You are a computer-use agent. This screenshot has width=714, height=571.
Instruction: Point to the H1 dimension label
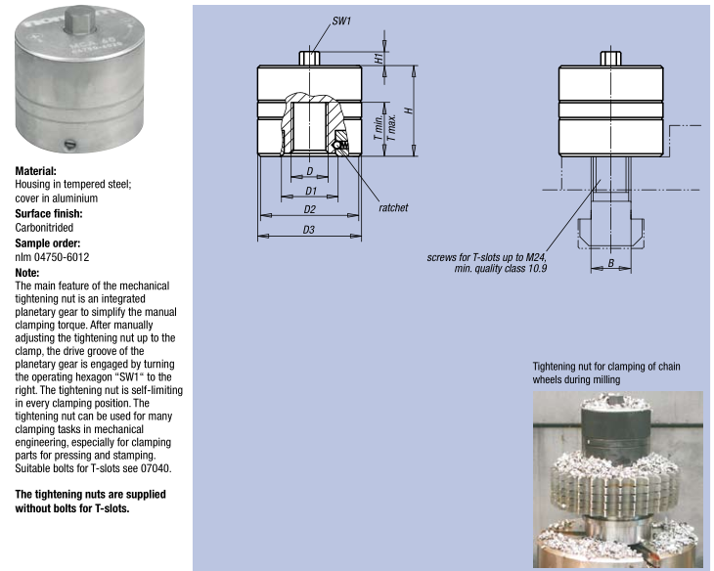(x=379, y=58)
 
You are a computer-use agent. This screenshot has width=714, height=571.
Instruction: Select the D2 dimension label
(x=309, y=208)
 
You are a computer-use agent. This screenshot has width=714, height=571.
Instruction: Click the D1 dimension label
(x=309, y=190)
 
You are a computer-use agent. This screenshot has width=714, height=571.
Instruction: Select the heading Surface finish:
(x=48, y=213)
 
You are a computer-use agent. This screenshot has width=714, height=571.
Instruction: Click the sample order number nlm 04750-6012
(x=52, y=257)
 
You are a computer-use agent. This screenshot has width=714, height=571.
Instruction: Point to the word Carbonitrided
(x=44, y=228)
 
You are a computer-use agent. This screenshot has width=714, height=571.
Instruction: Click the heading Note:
(x=26, y=272)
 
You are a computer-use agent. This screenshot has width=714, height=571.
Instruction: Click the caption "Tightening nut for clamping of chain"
(x=605, y=367)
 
